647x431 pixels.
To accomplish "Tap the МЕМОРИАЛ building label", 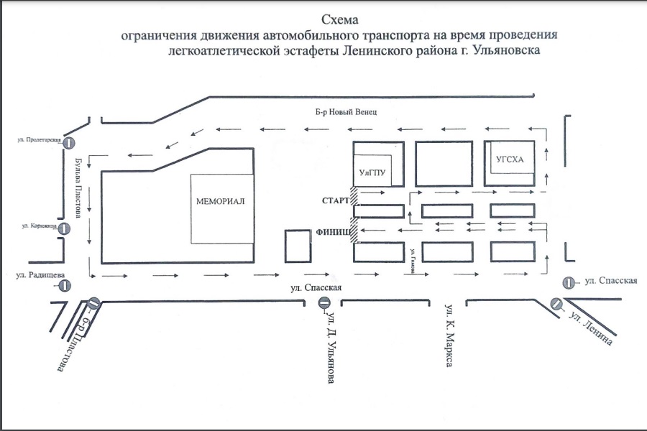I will tap(221, 201).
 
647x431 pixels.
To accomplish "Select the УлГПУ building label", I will tap(373, 173).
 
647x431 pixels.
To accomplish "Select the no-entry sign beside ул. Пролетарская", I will tap(70, 142).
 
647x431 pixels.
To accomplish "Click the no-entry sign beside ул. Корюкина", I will tap(63, 229).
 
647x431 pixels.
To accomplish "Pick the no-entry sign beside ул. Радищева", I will tap(65, 286).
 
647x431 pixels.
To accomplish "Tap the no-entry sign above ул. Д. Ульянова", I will tap(324, 303).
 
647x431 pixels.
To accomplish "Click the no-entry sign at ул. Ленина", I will tap(557, 304).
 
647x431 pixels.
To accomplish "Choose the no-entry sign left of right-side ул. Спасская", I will tap(569, 283).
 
